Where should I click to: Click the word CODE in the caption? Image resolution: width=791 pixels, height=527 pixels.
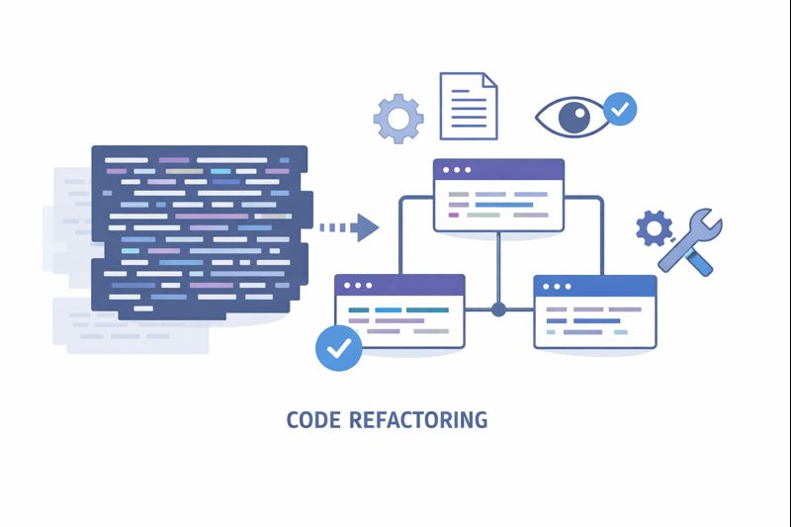click(311, 420)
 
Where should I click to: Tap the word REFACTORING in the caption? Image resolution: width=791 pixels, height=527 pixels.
click(418, 420)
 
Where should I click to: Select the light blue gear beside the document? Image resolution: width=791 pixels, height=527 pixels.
click(398, 119)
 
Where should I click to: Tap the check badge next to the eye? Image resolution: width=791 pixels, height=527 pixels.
click(621, 109)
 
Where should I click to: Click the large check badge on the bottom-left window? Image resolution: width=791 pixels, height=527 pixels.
click(338, 347)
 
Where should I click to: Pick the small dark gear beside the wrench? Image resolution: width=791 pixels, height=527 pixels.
click(654, 228)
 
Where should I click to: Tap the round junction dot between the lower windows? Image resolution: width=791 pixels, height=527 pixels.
click(498, 309)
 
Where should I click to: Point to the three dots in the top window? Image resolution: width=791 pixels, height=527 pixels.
click(456, 170)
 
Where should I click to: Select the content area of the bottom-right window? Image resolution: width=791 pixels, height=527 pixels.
click(594, 321)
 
